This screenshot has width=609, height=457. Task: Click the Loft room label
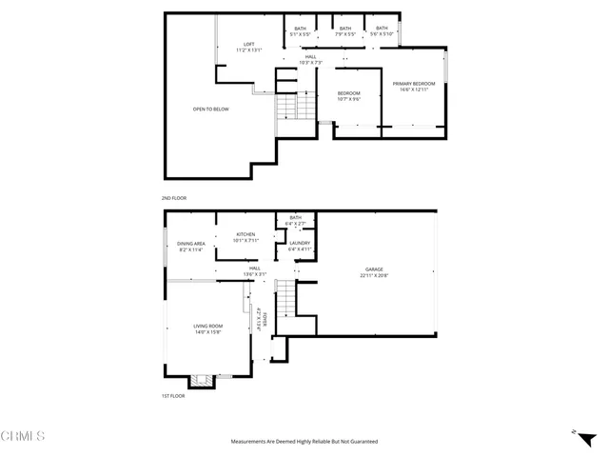[249, 47]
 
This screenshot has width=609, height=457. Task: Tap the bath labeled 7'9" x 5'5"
[344, 30]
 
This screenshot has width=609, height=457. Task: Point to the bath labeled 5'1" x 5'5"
[300, 30]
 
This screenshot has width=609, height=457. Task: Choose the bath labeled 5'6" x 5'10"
[382, 30]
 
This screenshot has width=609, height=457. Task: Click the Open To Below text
[207, 109]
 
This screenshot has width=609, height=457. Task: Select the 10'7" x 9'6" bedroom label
[347, 95]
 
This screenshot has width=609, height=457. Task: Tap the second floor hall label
[310, 60]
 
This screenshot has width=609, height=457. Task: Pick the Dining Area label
[191, 247]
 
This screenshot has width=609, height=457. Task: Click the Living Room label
[207, 328]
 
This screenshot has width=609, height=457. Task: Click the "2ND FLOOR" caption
[174, 198]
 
